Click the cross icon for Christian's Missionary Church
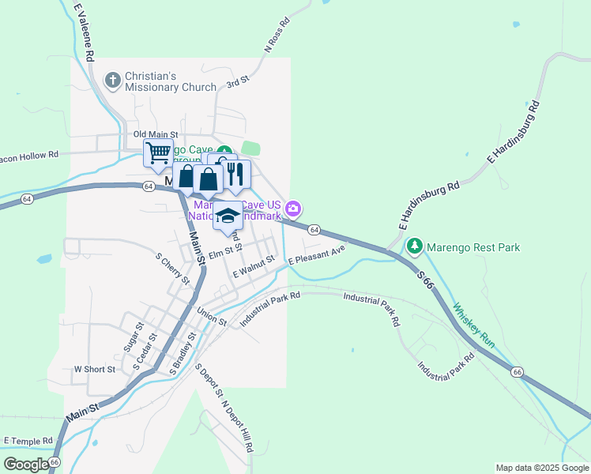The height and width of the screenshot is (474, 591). [113, 80]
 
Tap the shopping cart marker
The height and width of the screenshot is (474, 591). [158, 152]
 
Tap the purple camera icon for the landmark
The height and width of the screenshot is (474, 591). [294, 209]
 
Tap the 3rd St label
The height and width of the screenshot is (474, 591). [238, 81]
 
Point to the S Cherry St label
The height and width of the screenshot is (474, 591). [172, 269]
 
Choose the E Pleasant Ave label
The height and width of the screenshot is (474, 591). [317, 254]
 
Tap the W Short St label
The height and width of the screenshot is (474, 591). [95, 369]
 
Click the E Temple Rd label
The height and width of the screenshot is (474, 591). [28, 440]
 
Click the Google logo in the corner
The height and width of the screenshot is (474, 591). [26, 464]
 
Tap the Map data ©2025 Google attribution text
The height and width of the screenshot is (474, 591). [542, 468]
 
